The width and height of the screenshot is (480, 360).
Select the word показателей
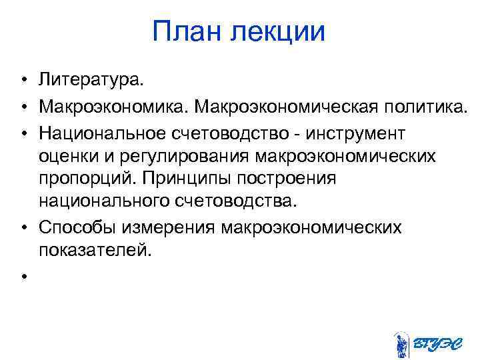(x=96, y=251)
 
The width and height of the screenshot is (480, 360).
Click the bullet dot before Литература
(x=23, y=81)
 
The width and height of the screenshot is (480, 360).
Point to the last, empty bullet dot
(x=23, y=276)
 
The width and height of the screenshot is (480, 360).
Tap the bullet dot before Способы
(x=23, y=228)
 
